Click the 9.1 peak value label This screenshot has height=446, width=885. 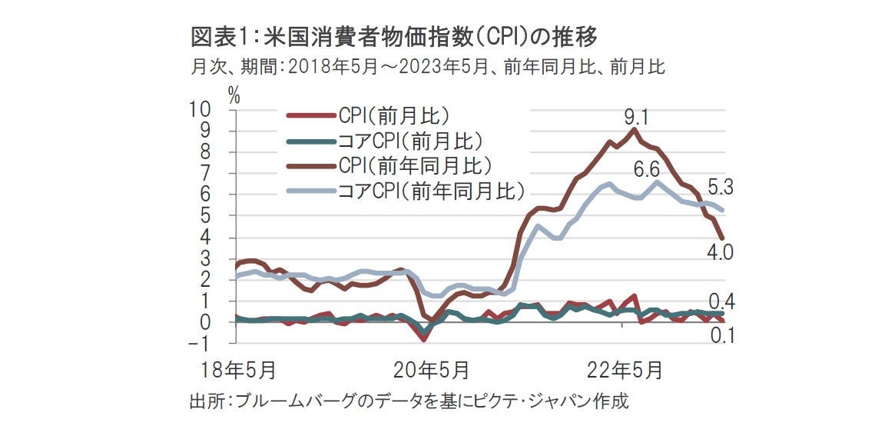pyautogui.click(x=637, y=118)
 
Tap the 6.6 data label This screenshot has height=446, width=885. pyautogui.click(x=646, y=168)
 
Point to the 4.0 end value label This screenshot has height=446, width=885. pyautogui.click(x=719, y=252)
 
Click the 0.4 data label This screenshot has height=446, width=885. pyautogui.click(x=721, y=302)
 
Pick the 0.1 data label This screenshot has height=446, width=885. pyautogui.click(x=720, y=335)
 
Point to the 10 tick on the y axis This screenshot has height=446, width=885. pyautogui.click(x=210, y=109)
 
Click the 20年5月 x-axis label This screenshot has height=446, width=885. pyautogui.click(x=434, y=370)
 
